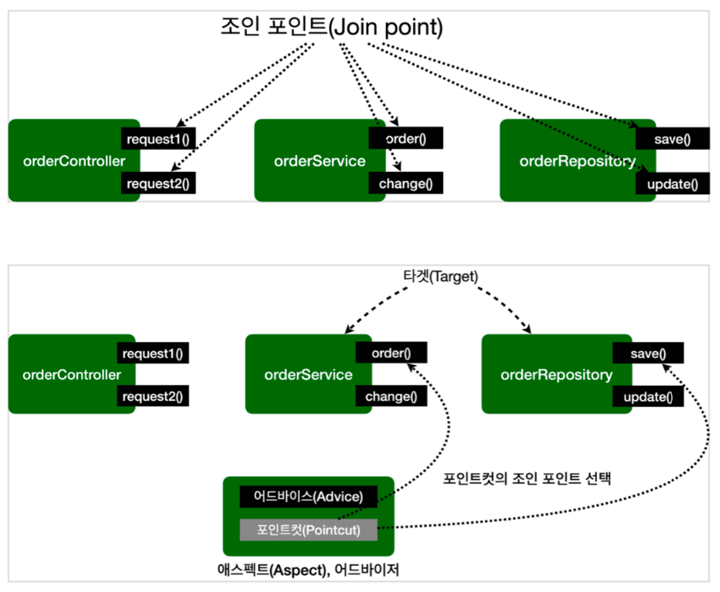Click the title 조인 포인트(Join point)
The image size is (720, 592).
[x=332, y=28]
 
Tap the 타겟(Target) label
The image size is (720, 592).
[x=439, y=277]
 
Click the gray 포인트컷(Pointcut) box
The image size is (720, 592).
[x=308, y=530]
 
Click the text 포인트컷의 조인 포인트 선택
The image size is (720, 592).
[x=527, y=479]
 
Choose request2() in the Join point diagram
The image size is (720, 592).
[x=158, y=183]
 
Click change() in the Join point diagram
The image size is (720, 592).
[x=405, y=183]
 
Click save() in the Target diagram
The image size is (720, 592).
[x=648, y=353]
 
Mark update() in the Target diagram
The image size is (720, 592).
[x=648, y=397]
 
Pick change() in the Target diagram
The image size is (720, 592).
[x=392, y=397]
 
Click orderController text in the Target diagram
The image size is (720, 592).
[x=71, y=375]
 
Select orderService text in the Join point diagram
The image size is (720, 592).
[x=319, y=161]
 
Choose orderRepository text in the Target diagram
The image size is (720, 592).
[x=556, y=375]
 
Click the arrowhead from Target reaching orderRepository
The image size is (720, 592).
[x=528, y=331]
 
